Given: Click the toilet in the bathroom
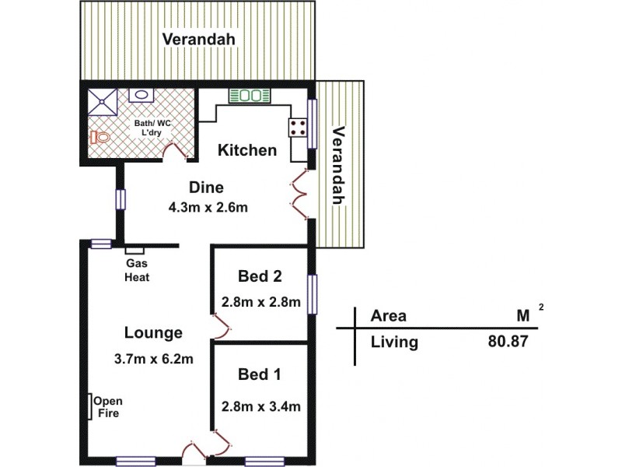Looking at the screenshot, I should pos(99,137).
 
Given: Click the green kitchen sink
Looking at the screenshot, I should pos(249,96).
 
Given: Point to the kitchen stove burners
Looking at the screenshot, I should pos(298,128).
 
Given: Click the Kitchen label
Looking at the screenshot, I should pos(246,150).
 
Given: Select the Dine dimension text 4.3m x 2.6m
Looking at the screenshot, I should pos(208,208).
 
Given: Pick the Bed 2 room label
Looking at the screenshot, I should pos(259,276).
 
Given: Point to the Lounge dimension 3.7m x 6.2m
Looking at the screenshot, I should pos(153,359).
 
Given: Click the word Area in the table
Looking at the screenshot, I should pos(388,316).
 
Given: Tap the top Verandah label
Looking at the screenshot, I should pos(198,39).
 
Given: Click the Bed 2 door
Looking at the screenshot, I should pos(220,328).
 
